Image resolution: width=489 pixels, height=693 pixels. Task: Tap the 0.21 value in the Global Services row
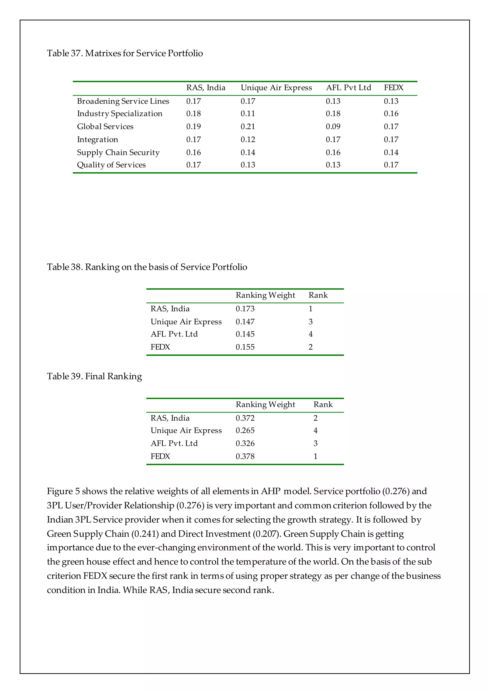click(248, 126)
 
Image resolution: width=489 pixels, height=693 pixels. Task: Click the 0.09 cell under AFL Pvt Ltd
click(333, 126)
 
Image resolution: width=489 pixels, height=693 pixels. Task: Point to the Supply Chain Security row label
click(118, 152)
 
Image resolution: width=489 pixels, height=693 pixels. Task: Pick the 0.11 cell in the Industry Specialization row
click(248, 114)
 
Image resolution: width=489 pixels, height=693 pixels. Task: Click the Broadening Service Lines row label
click(123, 101)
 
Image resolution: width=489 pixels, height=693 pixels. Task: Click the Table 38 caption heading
click(147, 267)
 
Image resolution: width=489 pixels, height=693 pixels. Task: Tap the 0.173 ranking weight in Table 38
click(245, 309)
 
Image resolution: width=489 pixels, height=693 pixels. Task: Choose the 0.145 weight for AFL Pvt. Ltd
click(245, 334)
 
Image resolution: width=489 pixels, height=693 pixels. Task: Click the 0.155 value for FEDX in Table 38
click(245, 347)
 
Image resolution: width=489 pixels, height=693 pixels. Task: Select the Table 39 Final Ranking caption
click(94, 376)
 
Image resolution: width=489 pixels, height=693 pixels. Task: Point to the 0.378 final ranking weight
click(245, 456)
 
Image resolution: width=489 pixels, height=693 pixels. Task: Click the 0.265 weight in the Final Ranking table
click(245, 430)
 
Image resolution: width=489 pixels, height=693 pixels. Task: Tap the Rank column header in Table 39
click(323, 405)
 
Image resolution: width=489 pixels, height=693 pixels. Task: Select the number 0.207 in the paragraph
click(267, 534)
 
